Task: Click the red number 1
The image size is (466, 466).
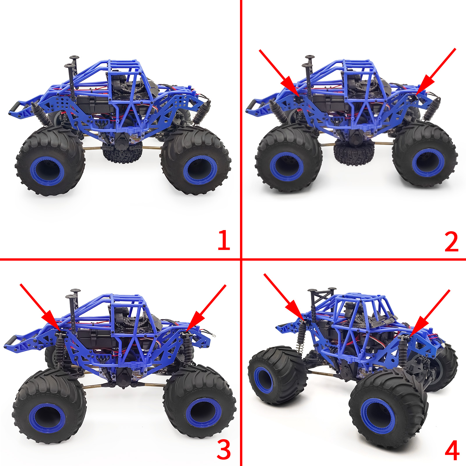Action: coord(224,240)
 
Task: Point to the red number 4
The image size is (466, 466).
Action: coord(452,450)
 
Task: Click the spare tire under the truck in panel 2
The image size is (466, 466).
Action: coord(354,153)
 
